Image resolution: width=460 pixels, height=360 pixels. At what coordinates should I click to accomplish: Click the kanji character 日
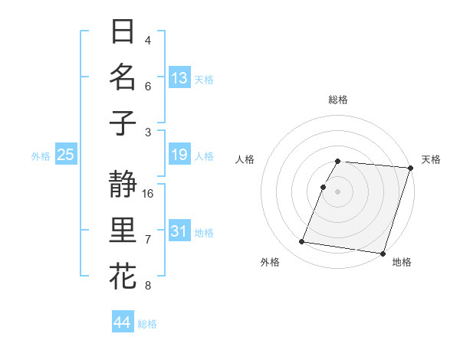click(123, 32)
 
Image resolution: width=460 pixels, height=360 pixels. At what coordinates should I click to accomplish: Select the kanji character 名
click(123, 77)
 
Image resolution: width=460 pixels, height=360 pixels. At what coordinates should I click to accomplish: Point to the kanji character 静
click(123, 184)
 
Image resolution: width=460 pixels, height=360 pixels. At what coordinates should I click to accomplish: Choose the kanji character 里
click(123, 230)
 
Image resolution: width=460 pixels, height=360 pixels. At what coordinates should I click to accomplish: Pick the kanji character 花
click(123, 275)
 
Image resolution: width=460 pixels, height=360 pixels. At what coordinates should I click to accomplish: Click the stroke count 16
click(148, 193)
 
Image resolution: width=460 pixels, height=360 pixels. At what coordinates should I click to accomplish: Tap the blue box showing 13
click(179, 78)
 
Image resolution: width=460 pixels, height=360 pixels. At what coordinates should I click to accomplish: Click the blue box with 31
click(179, 231)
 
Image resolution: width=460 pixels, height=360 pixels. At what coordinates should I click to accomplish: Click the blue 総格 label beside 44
click(147, 324)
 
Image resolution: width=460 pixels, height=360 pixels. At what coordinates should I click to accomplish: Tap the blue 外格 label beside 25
click(41, 156)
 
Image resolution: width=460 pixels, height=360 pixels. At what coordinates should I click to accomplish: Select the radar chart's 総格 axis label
click(337, 100)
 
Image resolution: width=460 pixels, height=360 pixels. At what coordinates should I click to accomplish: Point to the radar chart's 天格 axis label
click(431, 159)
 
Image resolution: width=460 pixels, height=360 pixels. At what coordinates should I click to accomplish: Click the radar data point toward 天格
click(410, 168)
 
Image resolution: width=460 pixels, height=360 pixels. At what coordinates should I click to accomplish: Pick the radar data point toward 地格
click(382, 253)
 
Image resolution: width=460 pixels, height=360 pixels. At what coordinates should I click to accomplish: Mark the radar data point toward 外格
click(302, 242)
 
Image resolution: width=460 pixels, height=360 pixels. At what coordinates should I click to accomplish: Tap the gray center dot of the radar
click(337, 191)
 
